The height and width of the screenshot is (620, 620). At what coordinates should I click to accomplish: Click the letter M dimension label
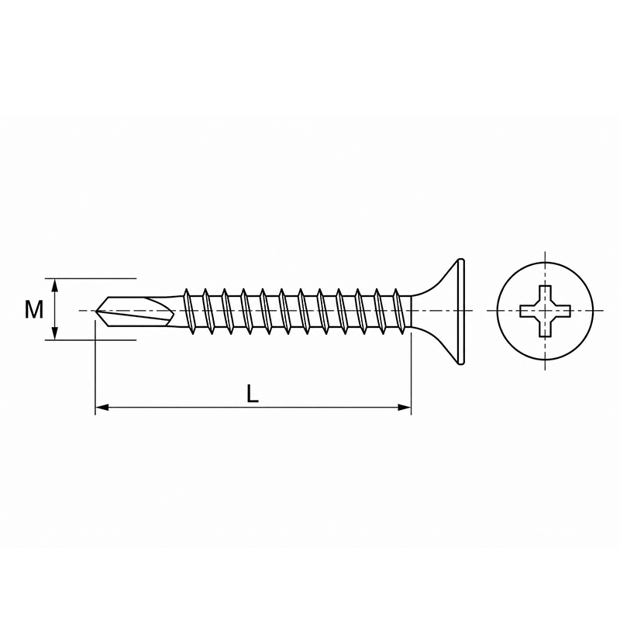pos(34,309)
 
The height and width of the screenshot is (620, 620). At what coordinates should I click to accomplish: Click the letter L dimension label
pos(253,394)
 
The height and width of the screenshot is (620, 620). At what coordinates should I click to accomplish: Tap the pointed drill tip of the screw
pos(96,311)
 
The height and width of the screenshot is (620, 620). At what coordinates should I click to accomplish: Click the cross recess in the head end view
pos(545,311)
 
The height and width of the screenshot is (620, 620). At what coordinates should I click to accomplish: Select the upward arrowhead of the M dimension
pos(55,284)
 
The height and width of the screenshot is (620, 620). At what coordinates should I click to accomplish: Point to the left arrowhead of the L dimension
pos(102,408)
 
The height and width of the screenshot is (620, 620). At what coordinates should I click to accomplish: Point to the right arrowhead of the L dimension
pos(405,408)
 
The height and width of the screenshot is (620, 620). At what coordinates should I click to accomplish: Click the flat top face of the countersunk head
pos(461,311)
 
